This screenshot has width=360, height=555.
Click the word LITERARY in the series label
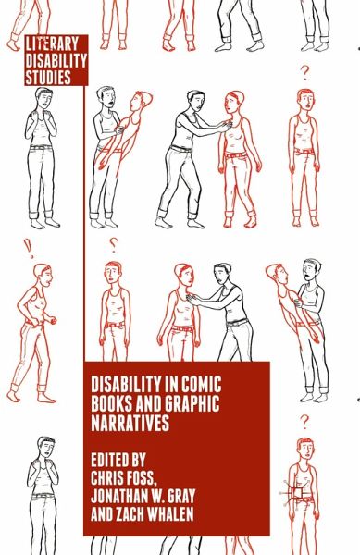[52, 44]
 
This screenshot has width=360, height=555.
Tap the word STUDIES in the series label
[48, 77]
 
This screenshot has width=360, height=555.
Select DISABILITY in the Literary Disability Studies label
[56, 60]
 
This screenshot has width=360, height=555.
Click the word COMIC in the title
[201, 384]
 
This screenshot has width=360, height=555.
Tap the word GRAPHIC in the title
[192, 403]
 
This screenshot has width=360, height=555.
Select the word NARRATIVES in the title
[130, 423]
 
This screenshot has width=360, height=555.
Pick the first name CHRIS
[107, 477]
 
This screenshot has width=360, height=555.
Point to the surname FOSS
[142, 478]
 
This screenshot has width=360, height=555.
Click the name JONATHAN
[118, 496]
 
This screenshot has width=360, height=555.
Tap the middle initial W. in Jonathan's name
[157, 496]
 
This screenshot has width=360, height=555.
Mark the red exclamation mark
[29, 249]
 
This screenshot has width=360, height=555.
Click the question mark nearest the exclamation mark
[113, 244]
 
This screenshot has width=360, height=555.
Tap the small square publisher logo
[297, 493]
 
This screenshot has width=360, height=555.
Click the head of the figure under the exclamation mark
[43, 275]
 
